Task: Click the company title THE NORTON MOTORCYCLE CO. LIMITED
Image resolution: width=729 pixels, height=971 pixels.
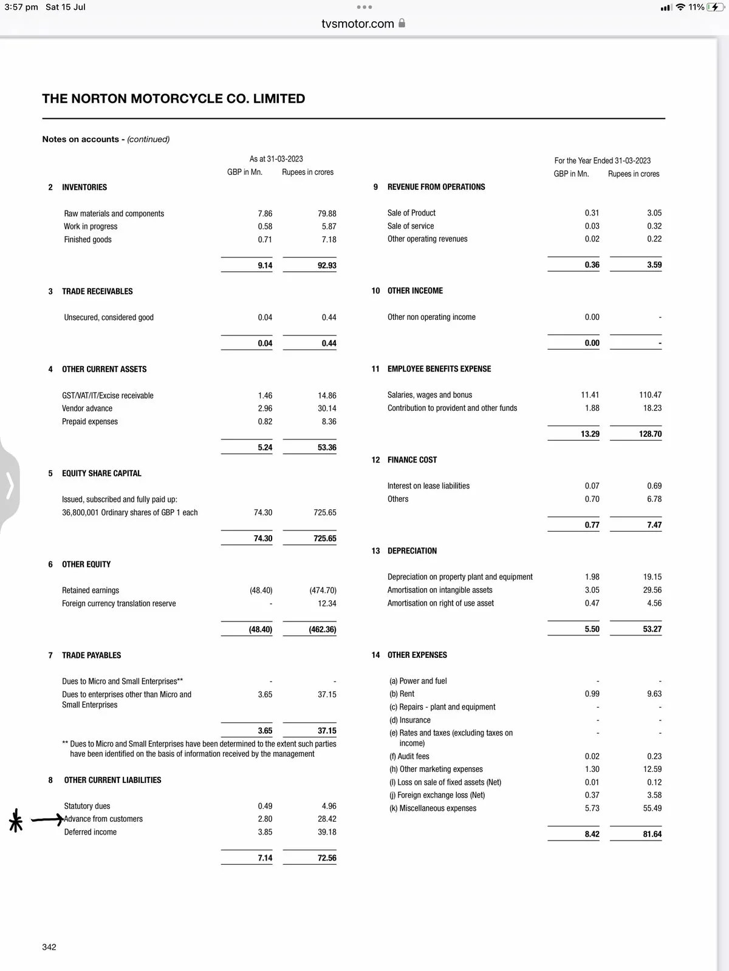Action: click(173, 99)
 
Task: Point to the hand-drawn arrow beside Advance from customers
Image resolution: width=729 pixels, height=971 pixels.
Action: click(47, 820)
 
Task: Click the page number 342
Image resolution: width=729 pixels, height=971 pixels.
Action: click(49, 947)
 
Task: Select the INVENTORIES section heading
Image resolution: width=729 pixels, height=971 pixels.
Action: click(84, 188)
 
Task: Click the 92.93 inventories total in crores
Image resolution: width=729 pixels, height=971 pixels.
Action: click(327, 265)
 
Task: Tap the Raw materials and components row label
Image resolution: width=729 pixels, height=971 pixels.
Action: click(114, 214)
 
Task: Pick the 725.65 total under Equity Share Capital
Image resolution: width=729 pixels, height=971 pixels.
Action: click(325, 538)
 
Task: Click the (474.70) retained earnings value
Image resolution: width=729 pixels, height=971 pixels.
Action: click(323, 590)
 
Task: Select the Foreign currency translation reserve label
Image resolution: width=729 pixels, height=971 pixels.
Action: click(119, 603)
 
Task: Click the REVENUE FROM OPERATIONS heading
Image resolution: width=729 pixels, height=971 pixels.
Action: click(436, 187)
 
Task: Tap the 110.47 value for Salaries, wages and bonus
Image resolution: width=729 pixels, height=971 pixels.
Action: click(650, 395)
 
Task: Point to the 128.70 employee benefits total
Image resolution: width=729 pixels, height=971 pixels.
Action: click(650, 434)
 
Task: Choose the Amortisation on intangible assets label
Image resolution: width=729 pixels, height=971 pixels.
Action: click(440, 590)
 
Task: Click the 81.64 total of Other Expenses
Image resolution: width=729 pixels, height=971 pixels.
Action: click(652, 834)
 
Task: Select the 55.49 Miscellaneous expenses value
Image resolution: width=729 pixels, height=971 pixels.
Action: click(652, 808)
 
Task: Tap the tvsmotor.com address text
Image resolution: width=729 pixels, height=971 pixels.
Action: click(358, 24)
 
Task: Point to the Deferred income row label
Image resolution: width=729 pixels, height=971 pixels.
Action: click(91, 832)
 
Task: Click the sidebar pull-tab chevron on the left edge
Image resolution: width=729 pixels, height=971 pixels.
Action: click(9, 486)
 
